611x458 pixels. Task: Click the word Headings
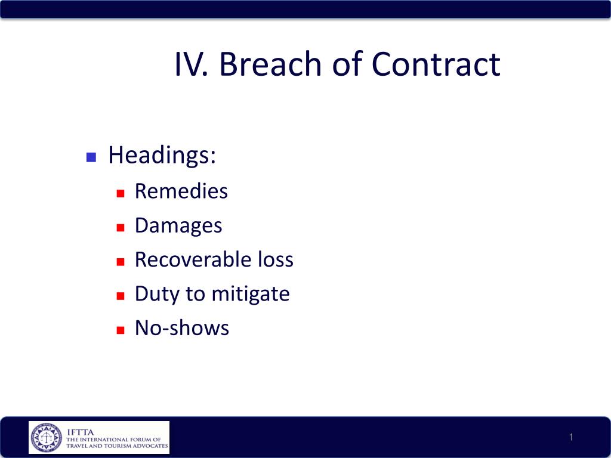click(162, 156)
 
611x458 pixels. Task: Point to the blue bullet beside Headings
click(91, 157)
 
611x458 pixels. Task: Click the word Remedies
click(181, 191)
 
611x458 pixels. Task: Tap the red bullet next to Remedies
click(121, 193)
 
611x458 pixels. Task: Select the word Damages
click(178, 226)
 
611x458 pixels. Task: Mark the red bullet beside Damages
click(121, 227)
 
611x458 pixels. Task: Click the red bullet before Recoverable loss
click(121, 262)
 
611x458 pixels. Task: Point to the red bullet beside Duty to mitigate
click(121, 296)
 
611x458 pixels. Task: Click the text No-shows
click(182, 328)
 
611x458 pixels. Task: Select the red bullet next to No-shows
click(121, 330)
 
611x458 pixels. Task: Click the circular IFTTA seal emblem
click(47, 437)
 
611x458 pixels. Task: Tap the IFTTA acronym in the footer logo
click(81, 432)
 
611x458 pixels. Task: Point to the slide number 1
click(571, 437)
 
